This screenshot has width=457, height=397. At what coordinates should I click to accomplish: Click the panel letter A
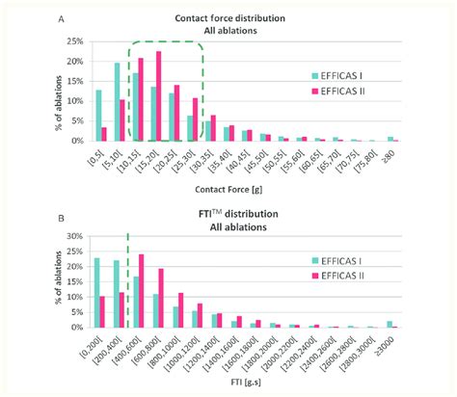point(61,17)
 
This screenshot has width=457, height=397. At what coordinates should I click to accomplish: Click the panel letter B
point(61,210)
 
